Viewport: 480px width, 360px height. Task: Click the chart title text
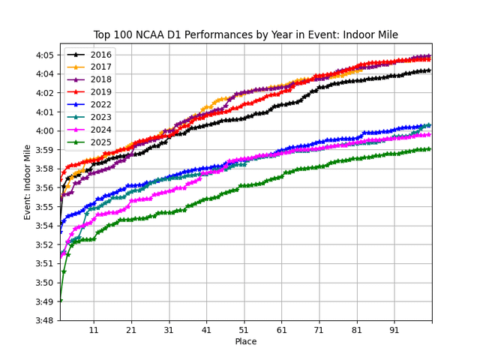pos(245,34)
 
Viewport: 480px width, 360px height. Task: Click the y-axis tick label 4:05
pos(43,55)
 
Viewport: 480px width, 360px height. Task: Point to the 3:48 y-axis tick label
pos(43,321)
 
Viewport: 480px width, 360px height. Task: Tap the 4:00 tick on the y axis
pos(43,131)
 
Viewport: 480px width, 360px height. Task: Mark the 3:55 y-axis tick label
pos(43,207)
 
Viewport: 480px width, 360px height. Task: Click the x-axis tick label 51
pos(244,331)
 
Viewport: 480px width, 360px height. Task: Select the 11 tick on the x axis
pos(94,331)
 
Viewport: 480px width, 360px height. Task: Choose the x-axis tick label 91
pos(394,331)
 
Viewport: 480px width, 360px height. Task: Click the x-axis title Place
pos(245,342)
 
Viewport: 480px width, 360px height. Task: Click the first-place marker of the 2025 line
pos(60,301)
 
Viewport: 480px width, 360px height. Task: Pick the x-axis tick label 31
pos(169,331)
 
